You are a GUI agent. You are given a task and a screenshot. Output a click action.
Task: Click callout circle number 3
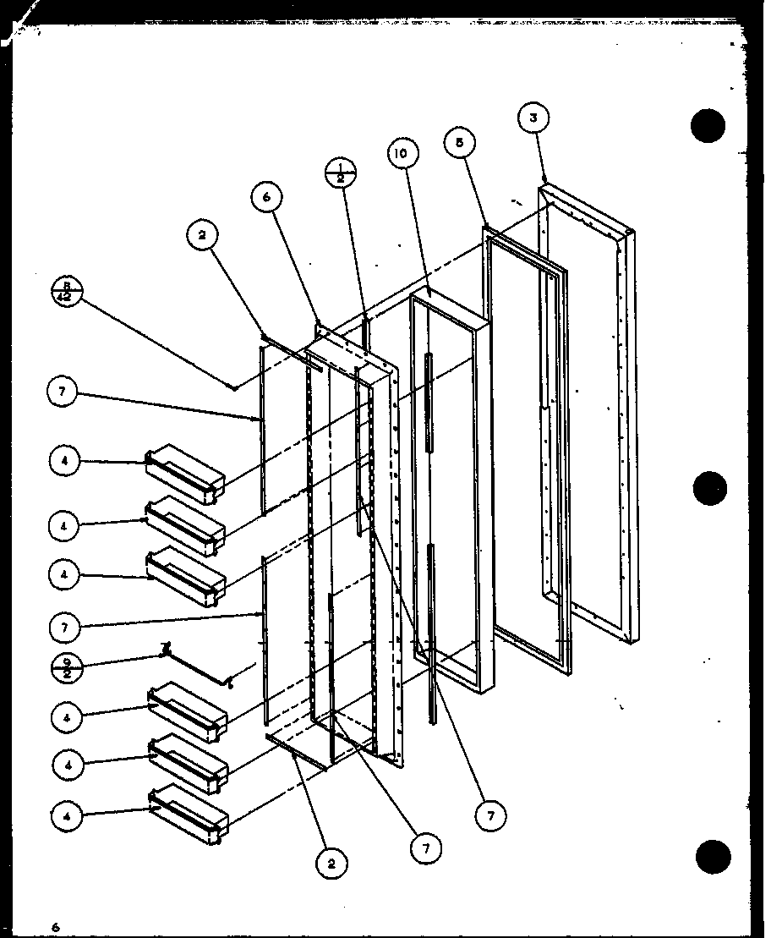pos(533,118)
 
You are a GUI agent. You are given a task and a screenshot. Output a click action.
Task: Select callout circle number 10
pos(402,153)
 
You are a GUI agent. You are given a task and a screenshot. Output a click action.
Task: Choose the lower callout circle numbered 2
pos(331,864)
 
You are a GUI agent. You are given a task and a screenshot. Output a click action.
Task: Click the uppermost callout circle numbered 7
pos(65,392)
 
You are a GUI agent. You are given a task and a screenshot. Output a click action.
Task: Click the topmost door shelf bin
pos(186,472)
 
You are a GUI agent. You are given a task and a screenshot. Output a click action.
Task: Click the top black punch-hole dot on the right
pos(708,126)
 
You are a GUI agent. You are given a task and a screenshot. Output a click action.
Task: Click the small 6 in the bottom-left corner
pos(54,926)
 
